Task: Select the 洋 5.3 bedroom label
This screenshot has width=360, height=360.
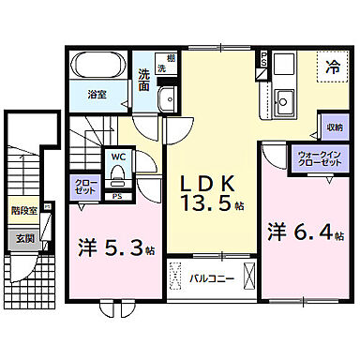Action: pos(108,248)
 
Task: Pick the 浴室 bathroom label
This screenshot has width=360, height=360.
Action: pos(97,94)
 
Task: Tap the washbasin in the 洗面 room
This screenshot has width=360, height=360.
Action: pos(167,98)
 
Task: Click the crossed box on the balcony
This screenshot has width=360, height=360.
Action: pos(247,277)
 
